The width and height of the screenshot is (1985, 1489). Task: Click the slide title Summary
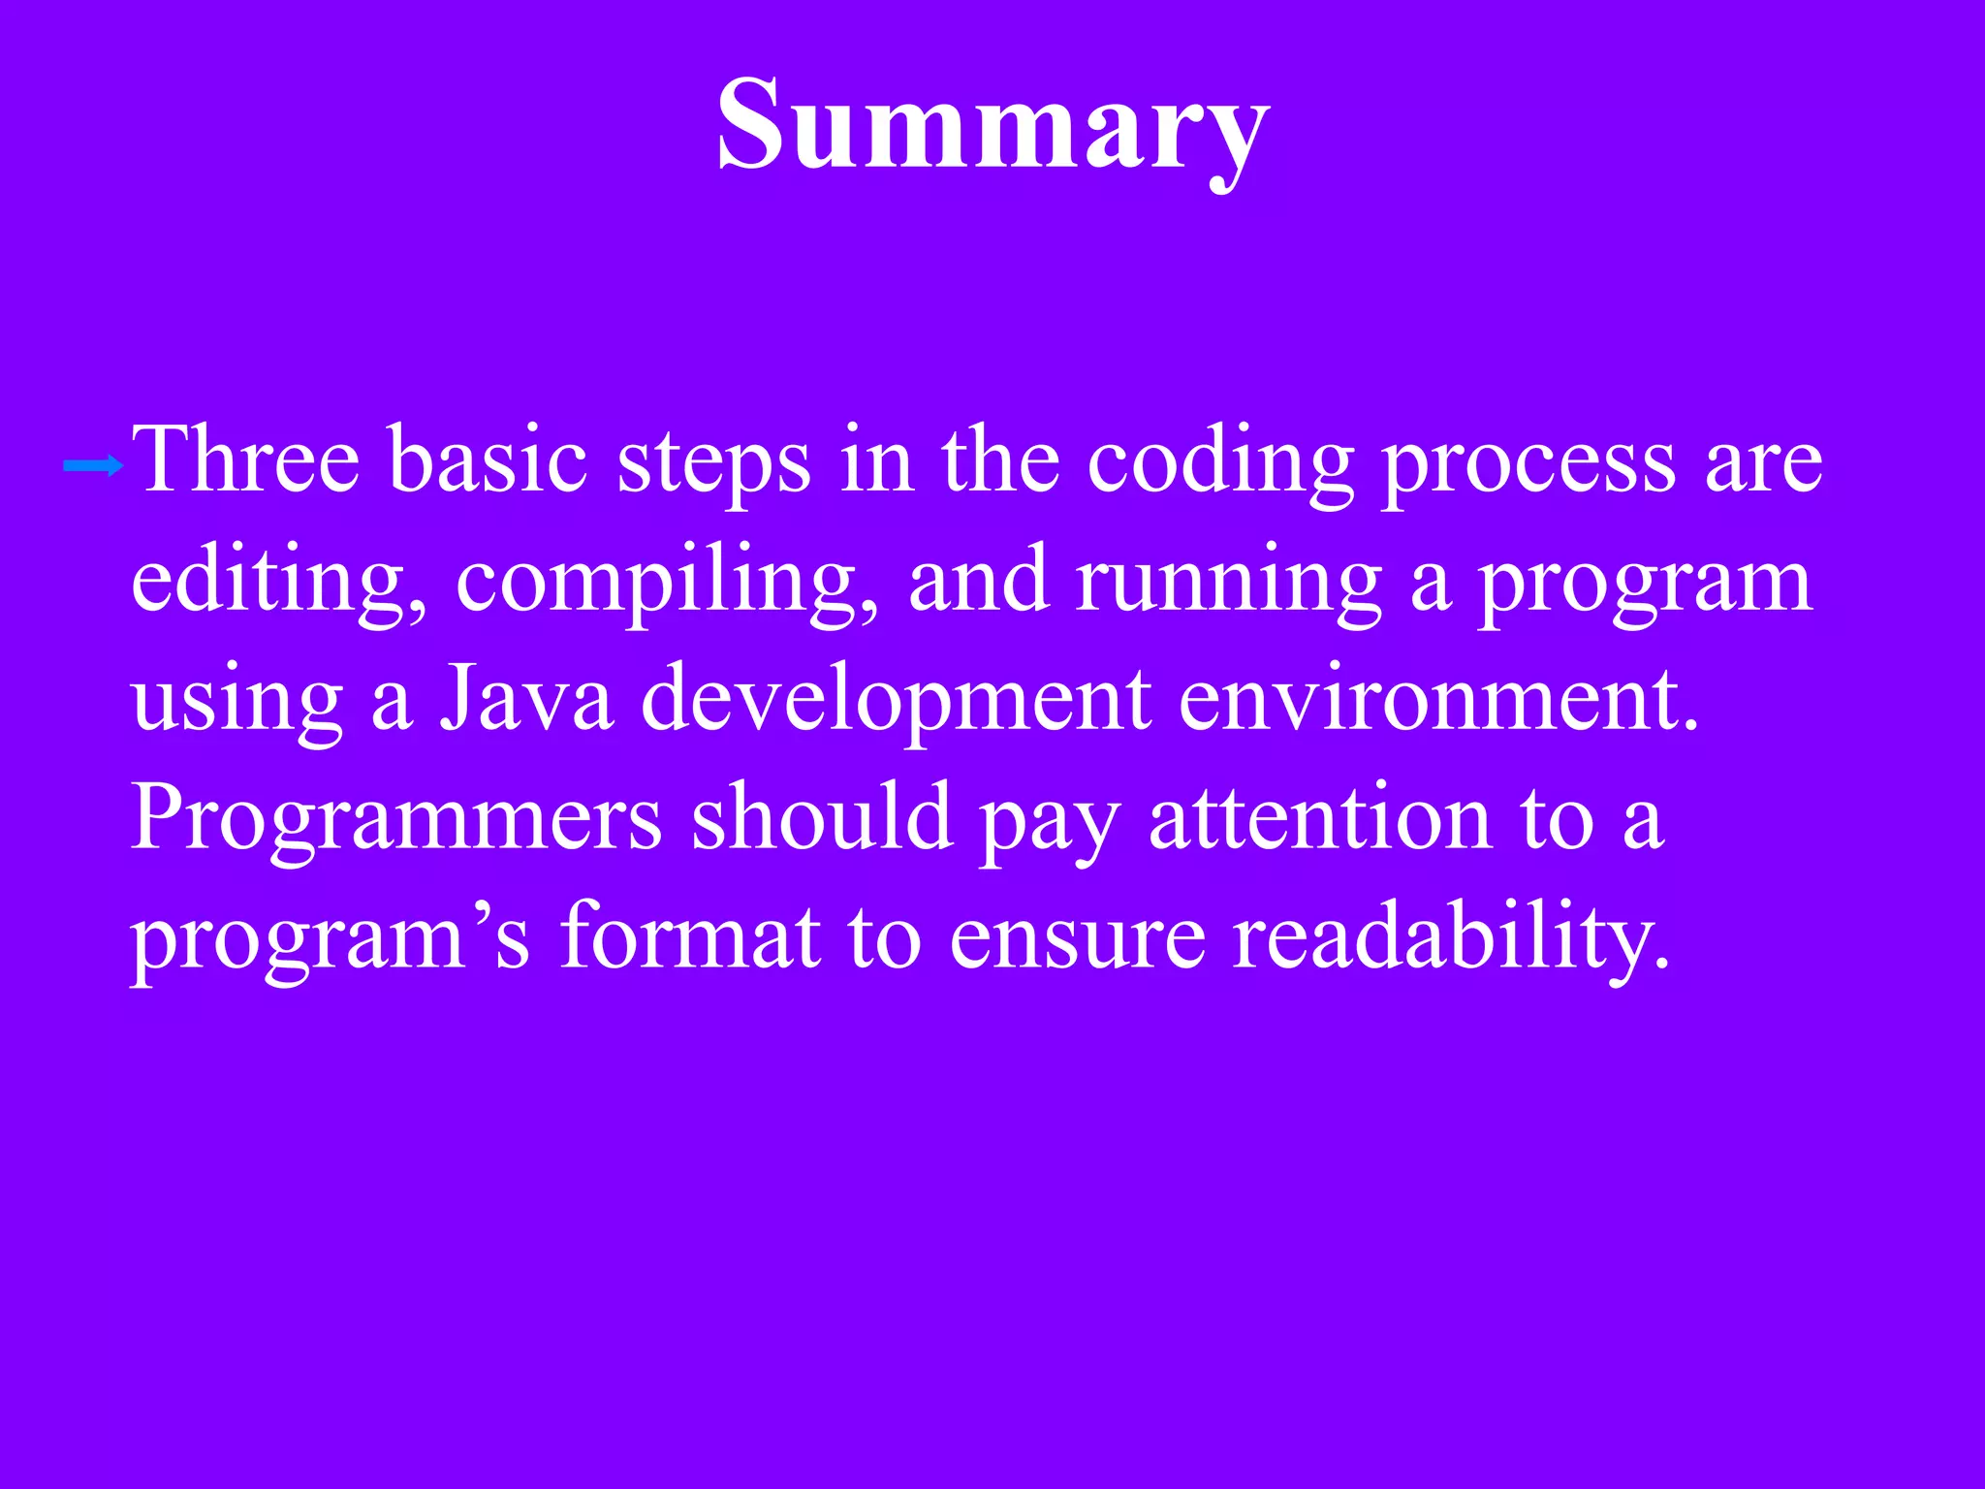[x=992, y=126]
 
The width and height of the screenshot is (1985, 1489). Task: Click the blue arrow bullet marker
[x=93, y=467]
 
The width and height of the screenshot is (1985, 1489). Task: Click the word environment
[x=1438, y=700]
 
